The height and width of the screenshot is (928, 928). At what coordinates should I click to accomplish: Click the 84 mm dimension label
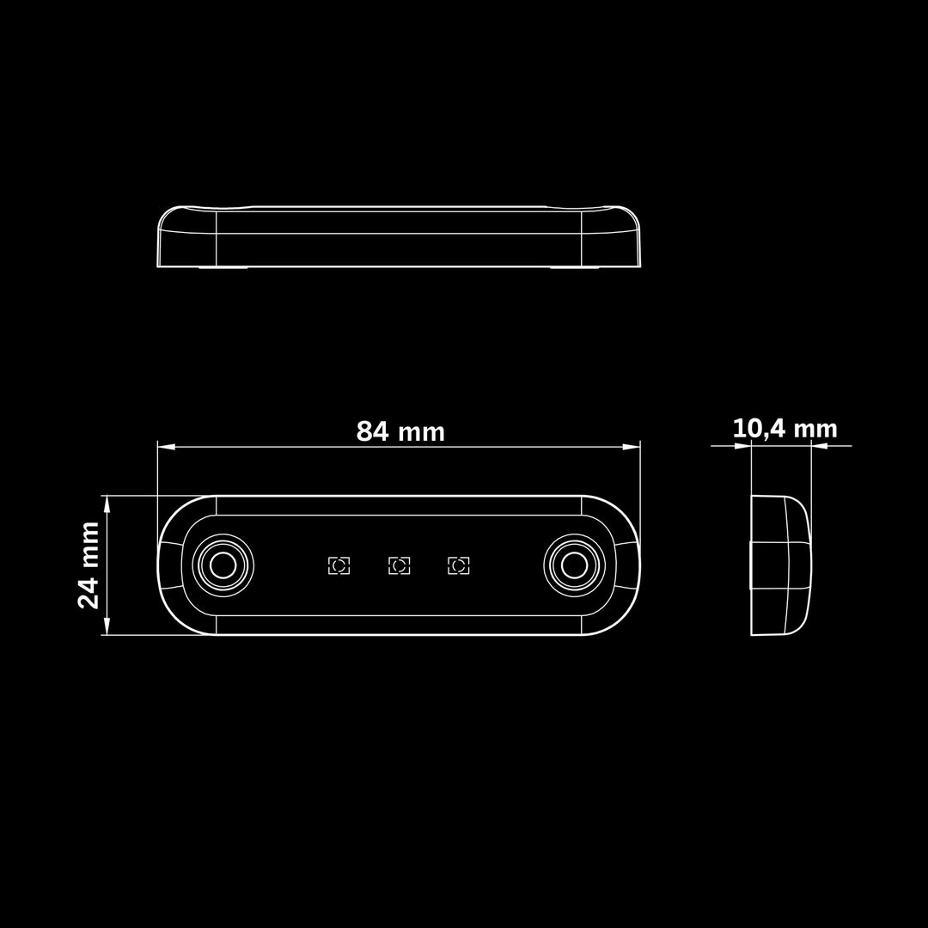[400, 431]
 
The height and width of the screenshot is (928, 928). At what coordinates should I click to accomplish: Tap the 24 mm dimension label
[89, 565]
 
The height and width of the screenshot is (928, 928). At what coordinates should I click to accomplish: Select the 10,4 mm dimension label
[785, 429]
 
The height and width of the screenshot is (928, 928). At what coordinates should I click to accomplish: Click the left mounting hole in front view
[223, 565]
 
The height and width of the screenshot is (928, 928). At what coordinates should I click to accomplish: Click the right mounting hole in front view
[573, 565]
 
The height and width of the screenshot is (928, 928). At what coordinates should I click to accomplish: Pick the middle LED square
[399, 565]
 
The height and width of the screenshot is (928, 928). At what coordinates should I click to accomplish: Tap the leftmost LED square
[339, 565]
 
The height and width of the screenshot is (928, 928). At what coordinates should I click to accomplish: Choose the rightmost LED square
[459, 565]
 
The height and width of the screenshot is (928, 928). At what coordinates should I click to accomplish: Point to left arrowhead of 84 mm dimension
[165, 447]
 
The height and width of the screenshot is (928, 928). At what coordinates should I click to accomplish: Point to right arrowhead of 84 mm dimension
[632, 447]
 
